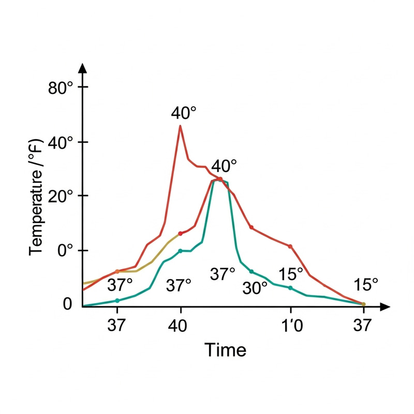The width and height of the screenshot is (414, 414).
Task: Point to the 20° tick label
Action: point(63,196)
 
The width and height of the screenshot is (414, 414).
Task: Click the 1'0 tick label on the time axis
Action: point(290,324)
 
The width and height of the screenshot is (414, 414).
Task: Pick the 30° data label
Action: point(255,288)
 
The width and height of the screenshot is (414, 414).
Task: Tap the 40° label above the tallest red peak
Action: point(184,112)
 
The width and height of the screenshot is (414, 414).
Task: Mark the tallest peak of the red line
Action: point(180,126)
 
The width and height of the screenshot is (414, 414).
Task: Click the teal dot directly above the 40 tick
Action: point(181,251)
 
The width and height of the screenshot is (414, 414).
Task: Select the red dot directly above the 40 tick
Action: point(181,233)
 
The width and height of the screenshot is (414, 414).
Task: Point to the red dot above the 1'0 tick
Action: point(290,246)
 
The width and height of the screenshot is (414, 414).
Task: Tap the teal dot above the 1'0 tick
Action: point(290,288)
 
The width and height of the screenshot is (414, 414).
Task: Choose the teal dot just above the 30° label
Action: point(252,272)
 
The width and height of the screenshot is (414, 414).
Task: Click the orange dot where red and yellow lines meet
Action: point(117,271)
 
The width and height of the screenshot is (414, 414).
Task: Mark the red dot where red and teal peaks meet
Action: point(220,179)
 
